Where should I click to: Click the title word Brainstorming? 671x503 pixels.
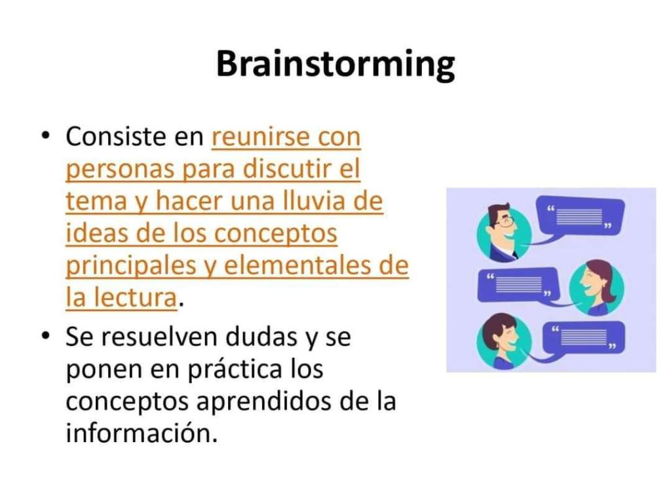335,64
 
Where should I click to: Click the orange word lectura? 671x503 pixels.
135,297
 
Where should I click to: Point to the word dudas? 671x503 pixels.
261,337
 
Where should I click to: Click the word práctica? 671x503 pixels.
235,370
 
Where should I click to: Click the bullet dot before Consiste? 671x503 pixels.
45,136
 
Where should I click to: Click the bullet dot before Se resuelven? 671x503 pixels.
45,336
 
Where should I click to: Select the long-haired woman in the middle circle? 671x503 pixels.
596,288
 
